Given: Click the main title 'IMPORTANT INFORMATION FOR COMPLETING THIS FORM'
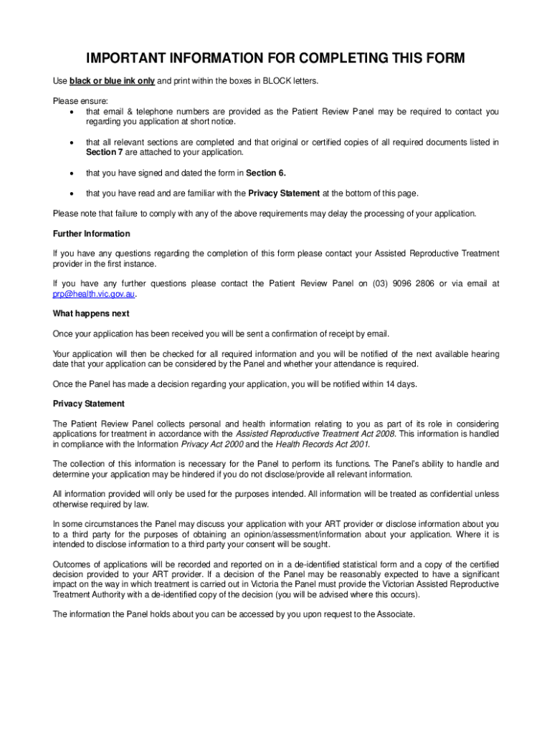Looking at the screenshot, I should point(276,58).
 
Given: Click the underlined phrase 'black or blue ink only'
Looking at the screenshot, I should point(112,81).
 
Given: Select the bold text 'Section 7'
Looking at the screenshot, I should point(70,152).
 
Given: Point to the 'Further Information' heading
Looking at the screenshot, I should point(92,234).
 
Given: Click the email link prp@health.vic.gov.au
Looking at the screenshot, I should point(93,294).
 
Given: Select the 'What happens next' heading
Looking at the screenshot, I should point(91,313).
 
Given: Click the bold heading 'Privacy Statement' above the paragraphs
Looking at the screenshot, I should point(89,404).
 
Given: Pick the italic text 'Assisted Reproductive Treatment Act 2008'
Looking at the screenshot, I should point(316,434).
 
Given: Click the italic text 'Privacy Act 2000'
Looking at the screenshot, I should point(213,444).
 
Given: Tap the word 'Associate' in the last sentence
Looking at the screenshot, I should point(395,614).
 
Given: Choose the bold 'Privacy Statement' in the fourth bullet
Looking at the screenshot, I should point(284,193).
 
